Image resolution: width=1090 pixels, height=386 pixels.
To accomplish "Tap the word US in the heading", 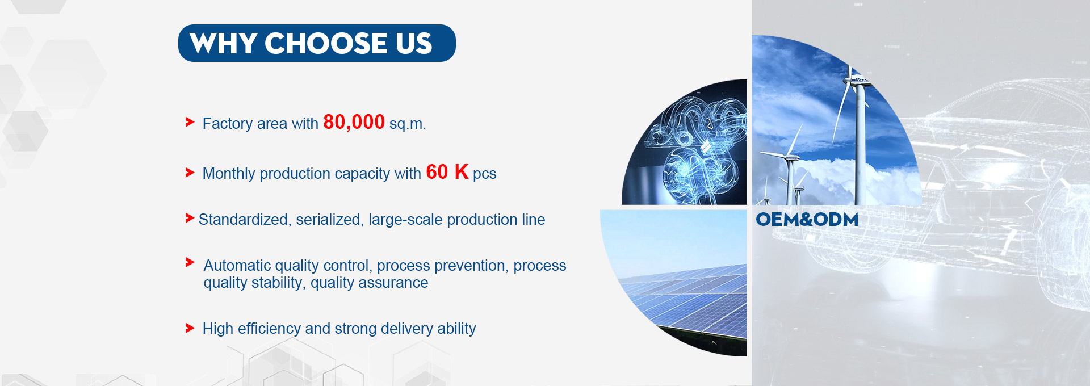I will (414, 44).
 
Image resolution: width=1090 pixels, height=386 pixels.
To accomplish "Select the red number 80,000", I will (354, 122).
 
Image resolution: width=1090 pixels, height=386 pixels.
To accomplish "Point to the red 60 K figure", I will (447, 172).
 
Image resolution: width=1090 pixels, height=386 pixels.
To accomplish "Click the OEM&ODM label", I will (807, 220).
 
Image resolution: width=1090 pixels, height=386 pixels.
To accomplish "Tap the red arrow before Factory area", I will (190, 122).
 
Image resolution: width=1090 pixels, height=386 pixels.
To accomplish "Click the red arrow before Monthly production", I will (190, 173).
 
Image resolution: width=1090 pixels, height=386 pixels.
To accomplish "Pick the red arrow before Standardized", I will (190, 218).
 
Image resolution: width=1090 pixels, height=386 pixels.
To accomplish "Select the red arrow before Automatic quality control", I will (190, 262).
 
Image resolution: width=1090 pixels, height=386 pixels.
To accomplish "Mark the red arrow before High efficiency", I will (190, 328).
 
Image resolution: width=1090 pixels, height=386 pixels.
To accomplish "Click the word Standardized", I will (243, 220).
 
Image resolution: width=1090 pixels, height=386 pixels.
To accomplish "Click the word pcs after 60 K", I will (484, 174).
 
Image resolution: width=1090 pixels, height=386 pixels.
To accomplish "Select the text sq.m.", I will (407, 124).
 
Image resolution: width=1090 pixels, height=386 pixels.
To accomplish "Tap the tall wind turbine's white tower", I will (860, 148).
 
